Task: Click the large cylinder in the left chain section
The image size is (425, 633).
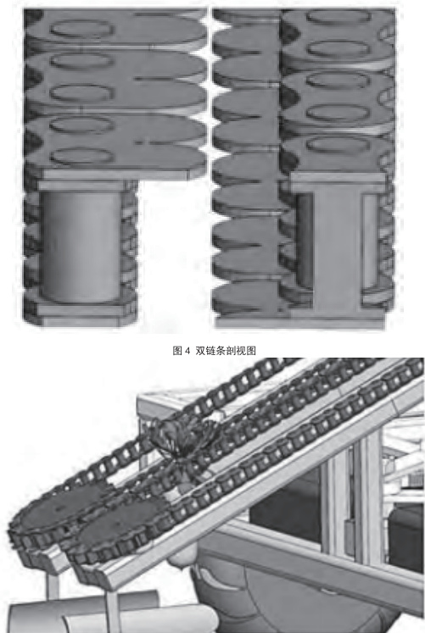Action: click(80, 247)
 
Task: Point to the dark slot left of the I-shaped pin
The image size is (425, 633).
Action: click(305, 239)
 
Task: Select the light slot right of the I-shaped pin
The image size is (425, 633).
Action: click(370, 242)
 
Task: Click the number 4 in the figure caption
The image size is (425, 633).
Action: click(187, 351)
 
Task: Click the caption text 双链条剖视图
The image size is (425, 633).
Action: click(226, 351)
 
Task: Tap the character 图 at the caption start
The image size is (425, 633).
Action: click(177, 351)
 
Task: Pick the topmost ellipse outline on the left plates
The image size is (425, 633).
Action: click(82, 29)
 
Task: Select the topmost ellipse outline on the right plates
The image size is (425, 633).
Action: click(338, 17)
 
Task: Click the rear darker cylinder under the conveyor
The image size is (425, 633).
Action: click(81, 608)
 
